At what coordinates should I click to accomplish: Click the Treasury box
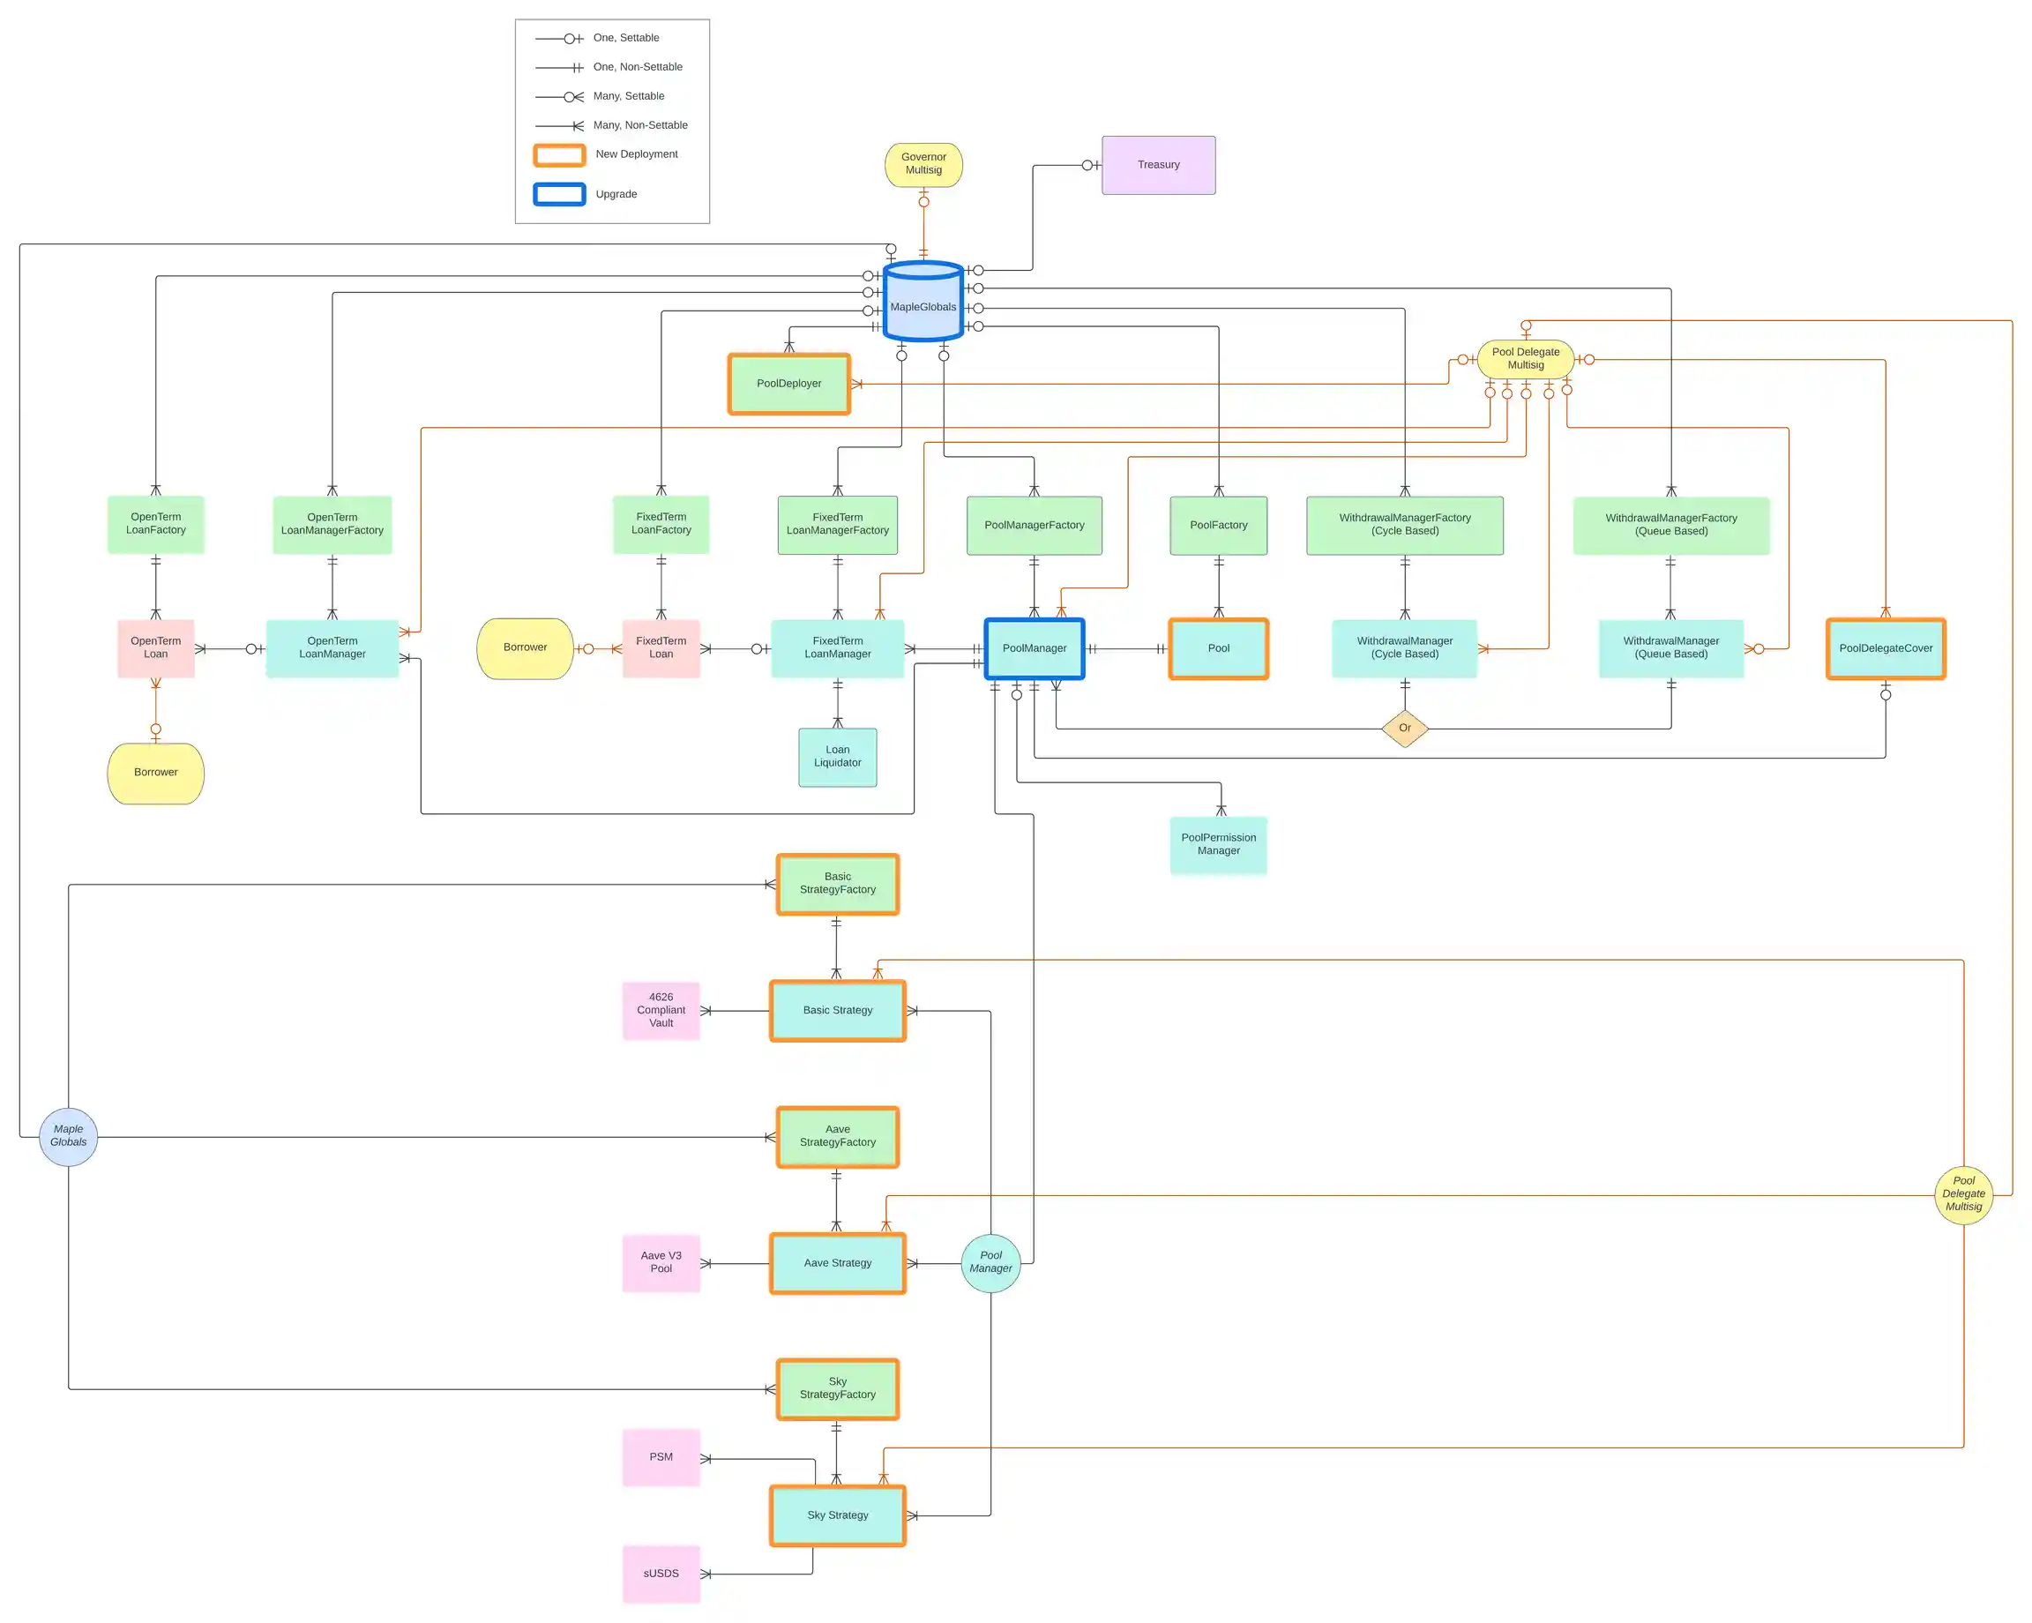click(1158, 165)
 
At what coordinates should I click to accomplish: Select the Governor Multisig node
click(923, 165)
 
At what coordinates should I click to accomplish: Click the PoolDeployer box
click(788, 384)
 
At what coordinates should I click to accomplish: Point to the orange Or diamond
click(1404, 728)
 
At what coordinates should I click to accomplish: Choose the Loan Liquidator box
click(837, 757)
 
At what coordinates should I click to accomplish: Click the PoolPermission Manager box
click(1218, 844)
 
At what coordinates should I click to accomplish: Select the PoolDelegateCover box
click(1885, 648)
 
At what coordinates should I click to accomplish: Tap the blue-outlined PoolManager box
click(1034, 648)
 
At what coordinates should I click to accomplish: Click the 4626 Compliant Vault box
click(661, 1010)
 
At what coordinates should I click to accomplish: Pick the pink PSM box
click(661, 1457)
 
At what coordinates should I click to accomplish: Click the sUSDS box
click(661, 1574)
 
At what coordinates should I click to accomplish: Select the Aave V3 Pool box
click(661, 1263)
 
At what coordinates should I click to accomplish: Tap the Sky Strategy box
click(837, 1515)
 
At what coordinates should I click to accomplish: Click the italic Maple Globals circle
click(68, 1137)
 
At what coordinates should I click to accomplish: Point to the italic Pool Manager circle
click(990, 1263)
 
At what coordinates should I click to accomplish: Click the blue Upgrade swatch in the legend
click(559, 194)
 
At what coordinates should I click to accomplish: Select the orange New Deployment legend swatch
click(559, 154)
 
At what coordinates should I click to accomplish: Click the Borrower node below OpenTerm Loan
click(155, 773)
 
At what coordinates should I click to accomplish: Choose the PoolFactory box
click(1218, 526)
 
